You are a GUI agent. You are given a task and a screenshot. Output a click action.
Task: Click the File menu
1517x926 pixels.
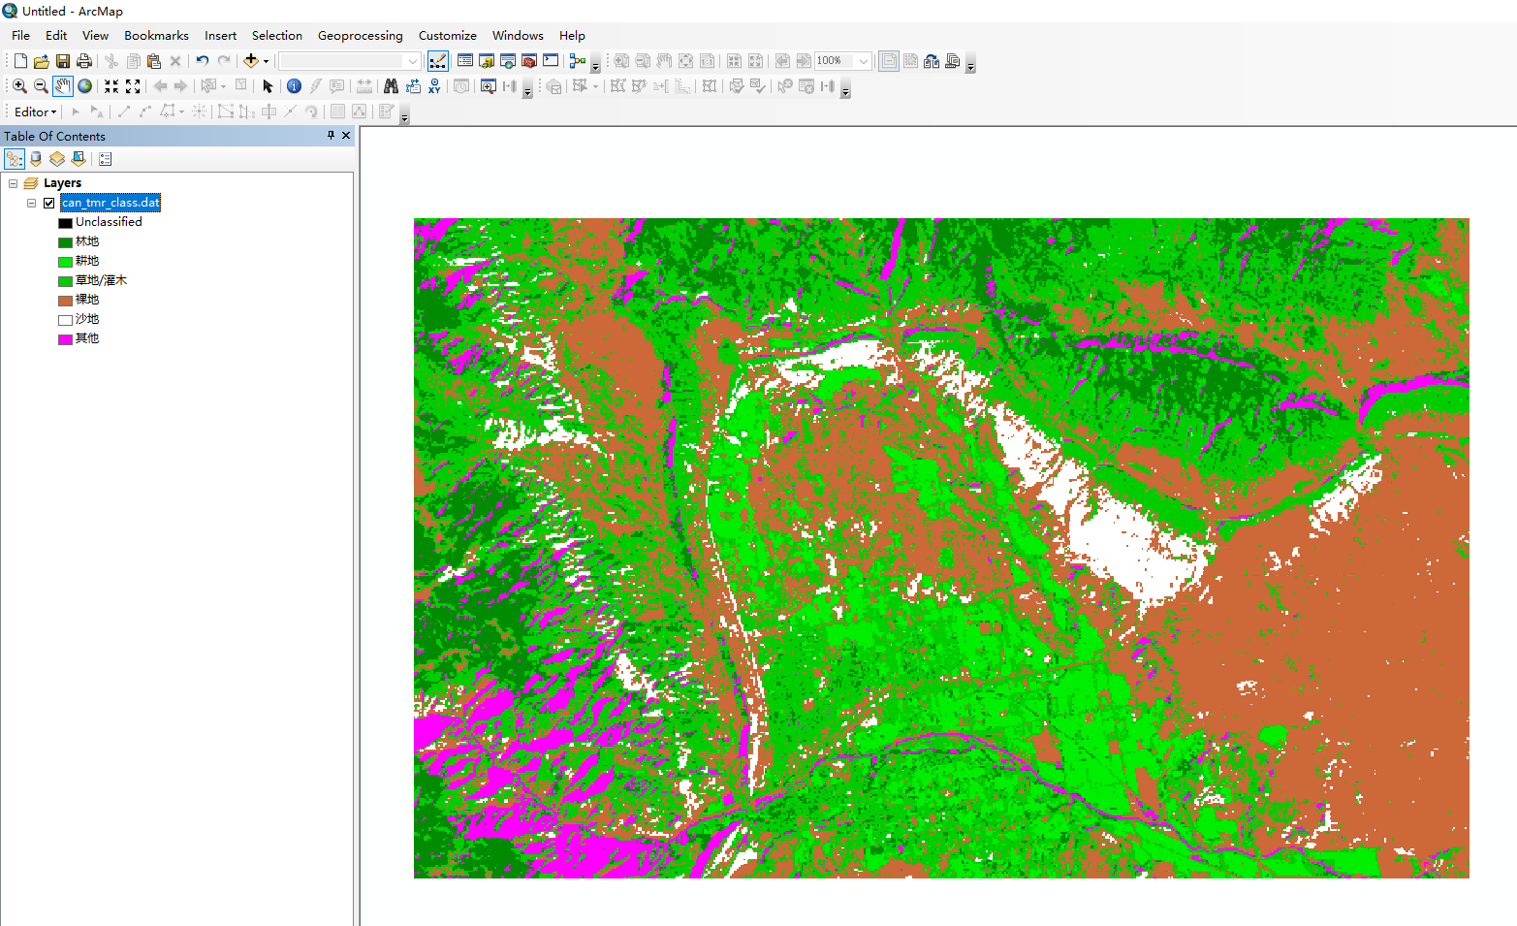pos(20,36)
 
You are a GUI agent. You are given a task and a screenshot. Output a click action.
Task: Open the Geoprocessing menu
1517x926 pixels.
pos(360,36)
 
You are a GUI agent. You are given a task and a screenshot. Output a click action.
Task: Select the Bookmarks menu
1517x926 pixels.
pos(156,36)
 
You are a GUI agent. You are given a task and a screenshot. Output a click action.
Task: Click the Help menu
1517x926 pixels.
pos(572,36)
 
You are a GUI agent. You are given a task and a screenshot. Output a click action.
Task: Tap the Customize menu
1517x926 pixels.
pos(447,36)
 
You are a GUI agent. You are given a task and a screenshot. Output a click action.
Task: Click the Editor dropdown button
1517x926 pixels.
pos(35,112)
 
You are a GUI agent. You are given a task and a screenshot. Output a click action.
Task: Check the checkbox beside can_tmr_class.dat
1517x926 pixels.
pos(49,203)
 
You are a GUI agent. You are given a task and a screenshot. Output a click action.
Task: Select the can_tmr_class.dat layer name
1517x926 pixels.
pos(111,203)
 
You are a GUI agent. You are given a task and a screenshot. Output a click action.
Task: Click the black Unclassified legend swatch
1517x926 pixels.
pos(65,223)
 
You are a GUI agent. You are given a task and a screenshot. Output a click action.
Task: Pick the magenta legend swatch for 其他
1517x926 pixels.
pos(65,339)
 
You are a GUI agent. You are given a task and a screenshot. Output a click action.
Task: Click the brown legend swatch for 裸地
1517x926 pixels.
pos(65,301)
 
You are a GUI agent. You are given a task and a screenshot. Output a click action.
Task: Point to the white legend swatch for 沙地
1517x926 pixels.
pos(65,320)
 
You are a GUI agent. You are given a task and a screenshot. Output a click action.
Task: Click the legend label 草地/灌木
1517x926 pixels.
pos(101,280)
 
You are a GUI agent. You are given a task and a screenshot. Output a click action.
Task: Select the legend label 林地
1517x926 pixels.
pos(87,241)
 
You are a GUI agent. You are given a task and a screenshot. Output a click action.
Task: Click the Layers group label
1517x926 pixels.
pos(62,183)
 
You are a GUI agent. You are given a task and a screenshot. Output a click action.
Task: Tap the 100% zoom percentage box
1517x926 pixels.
pos(835,61)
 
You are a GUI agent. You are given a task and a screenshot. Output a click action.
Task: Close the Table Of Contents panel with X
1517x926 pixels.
pos(346,136)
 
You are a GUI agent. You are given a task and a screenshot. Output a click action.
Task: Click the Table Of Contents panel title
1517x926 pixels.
pos(54,137)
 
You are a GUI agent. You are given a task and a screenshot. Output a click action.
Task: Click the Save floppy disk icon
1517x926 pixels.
pos(63,61)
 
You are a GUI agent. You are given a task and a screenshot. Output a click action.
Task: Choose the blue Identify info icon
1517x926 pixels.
pos(294,86)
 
